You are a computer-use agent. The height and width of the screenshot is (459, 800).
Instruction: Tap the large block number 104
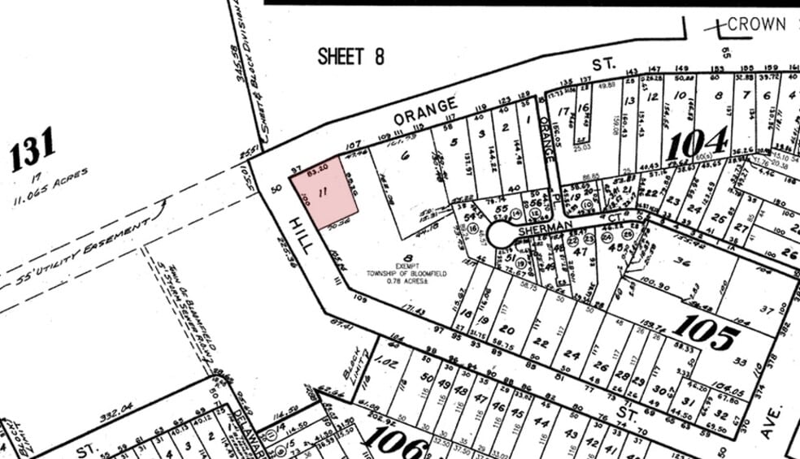click(697, 145)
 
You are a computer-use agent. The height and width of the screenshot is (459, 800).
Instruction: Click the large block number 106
click(396, 443)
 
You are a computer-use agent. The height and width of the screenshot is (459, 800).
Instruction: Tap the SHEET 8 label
click(350, 56)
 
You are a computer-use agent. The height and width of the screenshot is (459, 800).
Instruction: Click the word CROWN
click(756, 24)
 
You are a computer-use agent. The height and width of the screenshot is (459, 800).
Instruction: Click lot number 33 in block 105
click(739, 362)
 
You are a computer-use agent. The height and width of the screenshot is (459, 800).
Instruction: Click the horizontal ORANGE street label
click(426, 112)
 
